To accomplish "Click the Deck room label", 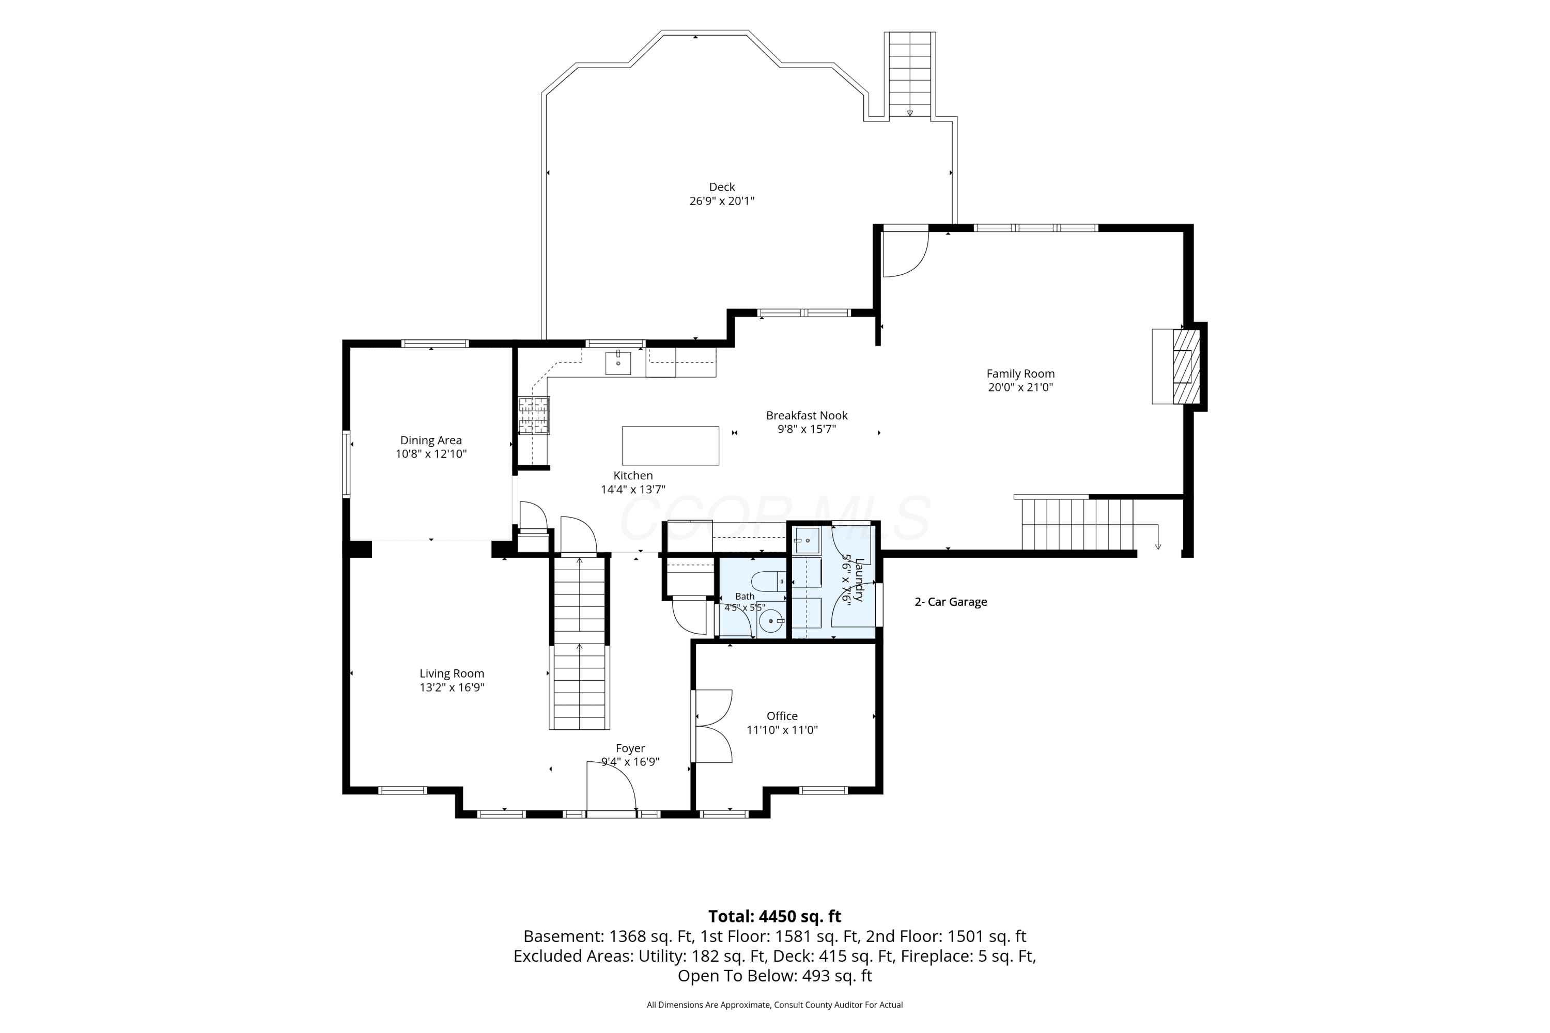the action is coord(722,187).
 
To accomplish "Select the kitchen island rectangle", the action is coord(670,446).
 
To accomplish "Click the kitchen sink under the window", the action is coord(618,363).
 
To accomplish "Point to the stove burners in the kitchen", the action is coord(533,416).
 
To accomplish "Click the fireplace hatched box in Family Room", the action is coord(1186,366).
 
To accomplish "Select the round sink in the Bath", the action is coord(771,621).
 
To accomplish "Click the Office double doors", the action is coord(712,726).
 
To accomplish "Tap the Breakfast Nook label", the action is coord(807,416).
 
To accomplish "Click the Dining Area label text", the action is coord(431,440).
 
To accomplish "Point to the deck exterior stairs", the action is coord(909,74).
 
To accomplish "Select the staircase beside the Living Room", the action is coord(579,643).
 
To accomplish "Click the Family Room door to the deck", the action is coord(906,253).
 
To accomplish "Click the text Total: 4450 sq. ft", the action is coord(774,916).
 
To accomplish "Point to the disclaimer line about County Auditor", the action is coord(774,1005).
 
